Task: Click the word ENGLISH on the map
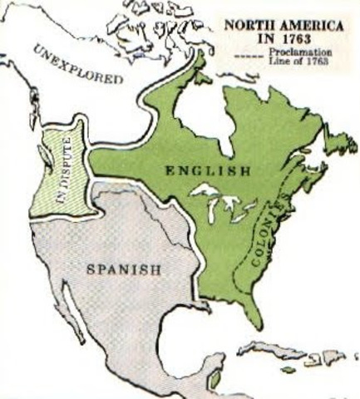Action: pyautogui.click(x=209, y=172)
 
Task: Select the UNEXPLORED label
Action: pyautogui.click(x=78, y=66)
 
